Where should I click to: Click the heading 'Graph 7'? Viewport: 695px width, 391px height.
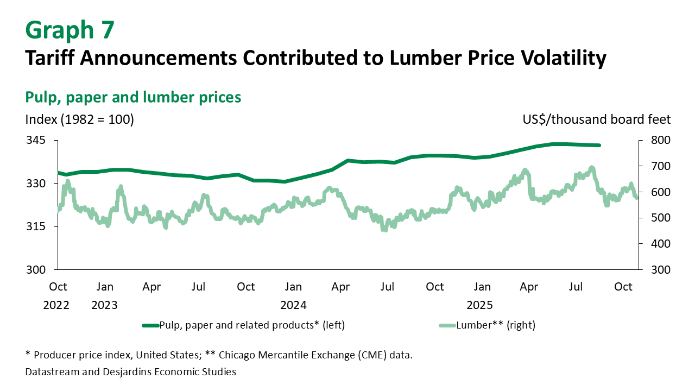pyautogui.click(x=70, y=30)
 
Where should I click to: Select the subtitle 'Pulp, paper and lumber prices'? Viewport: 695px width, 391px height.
pyautogui.click(x=133, y=97)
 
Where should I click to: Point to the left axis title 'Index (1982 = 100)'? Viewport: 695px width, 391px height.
pyautogui.click(x=79, y=119)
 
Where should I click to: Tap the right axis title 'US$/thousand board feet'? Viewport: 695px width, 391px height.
pyautogui.click(x=597, y=119)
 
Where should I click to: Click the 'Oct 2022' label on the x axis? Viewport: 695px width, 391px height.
pyautogui.click(x=57, y=295)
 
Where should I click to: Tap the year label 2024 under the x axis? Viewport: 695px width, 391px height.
pyautogui.click(x=293, y=305)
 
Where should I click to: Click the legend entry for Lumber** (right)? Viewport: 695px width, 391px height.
pyautogui.click(x=487, y=325)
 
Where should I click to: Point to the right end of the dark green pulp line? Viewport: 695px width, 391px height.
pyautogui.click(x=599, y=145)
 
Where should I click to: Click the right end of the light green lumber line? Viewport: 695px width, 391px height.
pyautogui.click(x=636, y=198)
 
